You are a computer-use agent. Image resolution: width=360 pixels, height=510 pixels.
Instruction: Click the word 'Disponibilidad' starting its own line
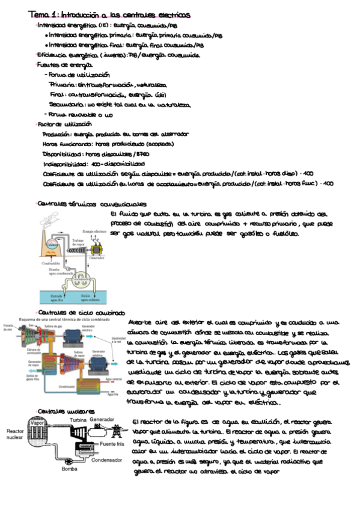click(63, 153)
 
